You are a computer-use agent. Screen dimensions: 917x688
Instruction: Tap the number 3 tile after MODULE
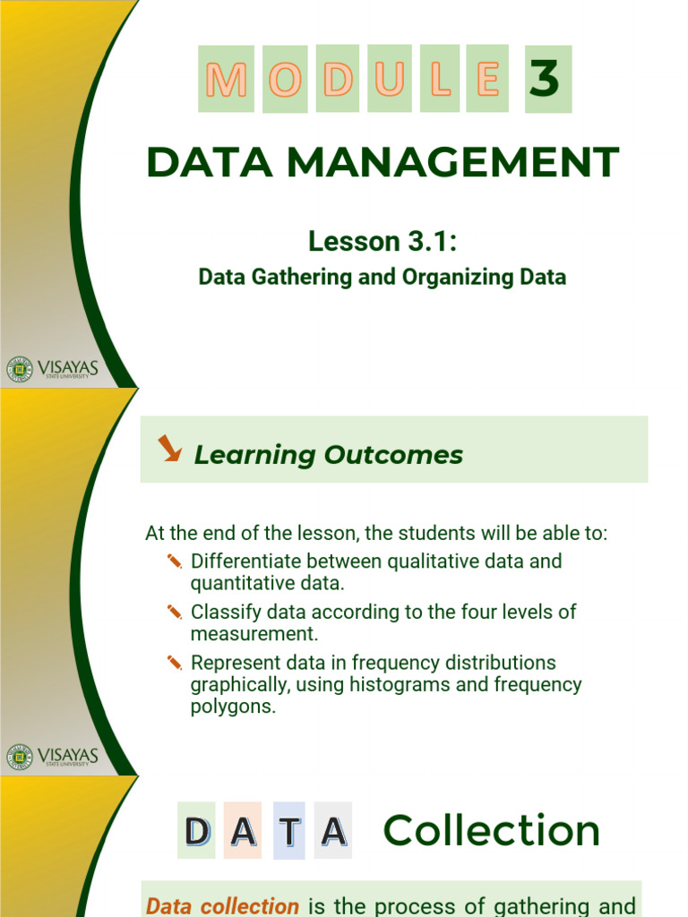tap(547, 79)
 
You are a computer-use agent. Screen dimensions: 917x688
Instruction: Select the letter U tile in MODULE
tap(390, 79)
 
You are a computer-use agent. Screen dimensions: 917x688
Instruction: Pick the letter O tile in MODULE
tap(285, 79)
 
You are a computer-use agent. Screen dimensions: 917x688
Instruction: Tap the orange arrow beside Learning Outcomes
tap(168, 448)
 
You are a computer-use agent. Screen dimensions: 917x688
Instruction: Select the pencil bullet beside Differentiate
tap(175, 561)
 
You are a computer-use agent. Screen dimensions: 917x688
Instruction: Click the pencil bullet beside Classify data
tap(175, 612)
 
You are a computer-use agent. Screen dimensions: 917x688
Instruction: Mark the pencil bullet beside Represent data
tap(175, 663)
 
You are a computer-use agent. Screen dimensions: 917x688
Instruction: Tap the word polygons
tap(230, 707)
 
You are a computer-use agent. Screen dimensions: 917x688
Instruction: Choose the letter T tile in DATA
tap(289, 832)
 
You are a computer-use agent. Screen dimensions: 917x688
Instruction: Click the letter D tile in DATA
tap(196, 832)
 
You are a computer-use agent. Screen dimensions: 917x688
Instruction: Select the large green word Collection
tap(492, 831)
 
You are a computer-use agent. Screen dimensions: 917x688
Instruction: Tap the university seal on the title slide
tap(20, 369)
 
